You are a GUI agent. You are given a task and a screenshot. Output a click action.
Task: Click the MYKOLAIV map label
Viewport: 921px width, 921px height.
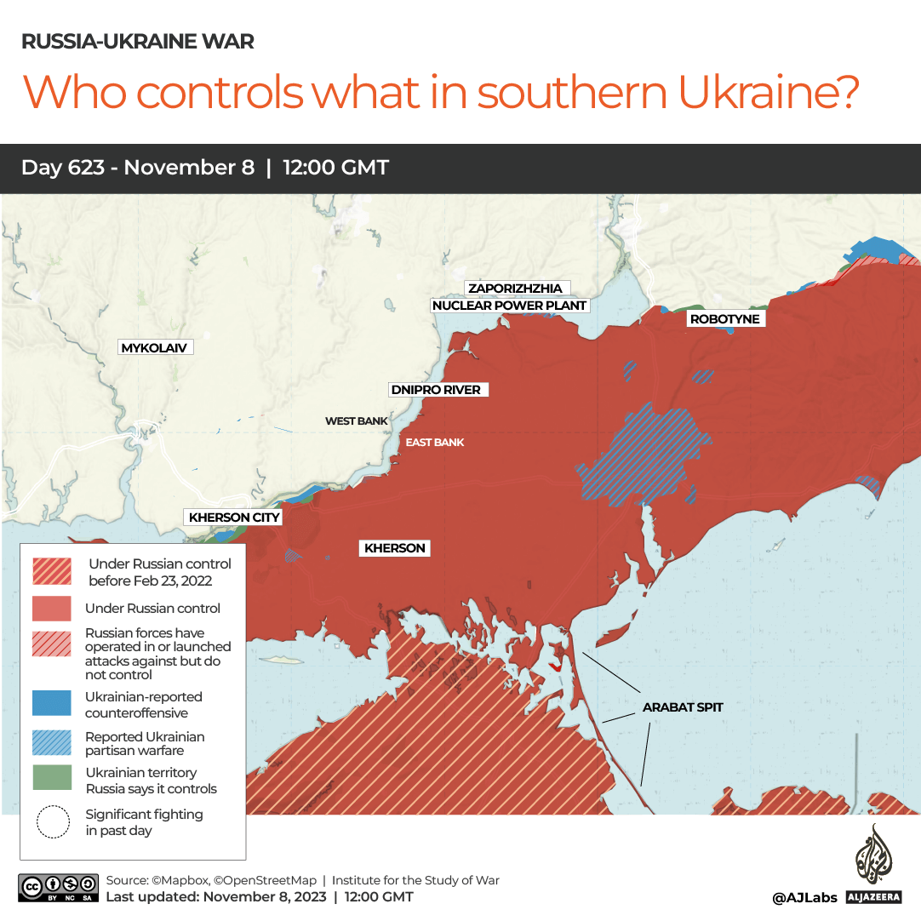coord(154,347)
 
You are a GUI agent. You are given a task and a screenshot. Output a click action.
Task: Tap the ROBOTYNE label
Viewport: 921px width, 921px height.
coord(724,318)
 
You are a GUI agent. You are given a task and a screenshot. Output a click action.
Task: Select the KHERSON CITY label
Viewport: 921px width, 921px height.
coord(234,517)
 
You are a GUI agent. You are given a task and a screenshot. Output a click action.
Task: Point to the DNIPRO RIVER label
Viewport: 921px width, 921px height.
coord(436,390)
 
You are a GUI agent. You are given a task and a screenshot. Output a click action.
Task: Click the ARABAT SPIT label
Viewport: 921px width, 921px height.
coord(683,706)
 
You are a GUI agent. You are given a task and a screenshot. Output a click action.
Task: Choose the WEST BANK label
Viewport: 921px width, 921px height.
coord(356,421)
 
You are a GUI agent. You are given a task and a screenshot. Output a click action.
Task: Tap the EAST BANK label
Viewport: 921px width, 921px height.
coord(435,443)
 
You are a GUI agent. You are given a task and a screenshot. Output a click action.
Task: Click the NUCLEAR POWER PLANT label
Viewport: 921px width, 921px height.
coord(510,306)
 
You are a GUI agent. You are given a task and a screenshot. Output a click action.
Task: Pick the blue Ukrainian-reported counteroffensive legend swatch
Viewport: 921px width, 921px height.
coord(51,704)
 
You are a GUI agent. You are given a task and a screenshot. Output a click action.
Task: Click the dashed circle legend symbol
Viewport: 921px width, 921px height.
coord(53,821)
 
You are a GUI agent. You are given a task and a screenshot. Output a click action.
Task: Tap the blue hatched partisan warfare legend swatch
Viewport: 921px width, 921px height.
coord(51,742)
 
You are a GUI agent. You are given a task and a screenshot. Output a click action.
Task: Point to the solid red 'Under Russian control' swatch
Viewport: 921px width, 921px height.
coord(51,608)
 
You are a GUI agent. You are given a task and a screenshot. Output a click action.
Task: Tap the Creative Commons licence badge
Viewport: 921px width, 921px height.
coord(56,888)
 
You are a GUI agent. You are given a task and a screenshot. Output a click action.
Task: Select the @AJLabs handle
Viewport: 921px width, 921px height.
coord(804,897)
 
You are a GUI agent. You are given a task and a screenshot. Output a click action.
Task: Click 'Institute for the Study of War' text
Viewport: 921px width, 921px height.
coord(415,881)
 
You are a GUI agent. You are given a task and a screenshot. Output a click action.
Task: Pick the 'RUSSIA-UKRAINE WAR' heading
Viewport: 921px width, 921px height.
coord(137,42)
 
